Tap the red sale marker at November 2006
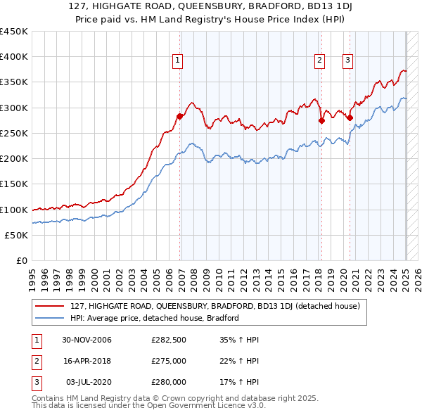click(x=180, y=116)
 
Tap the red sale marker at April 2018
click(x=321, y=120)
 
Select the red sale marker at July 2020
click(x=350, y=117)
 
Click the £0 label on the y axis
click(x=21, y=261)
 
